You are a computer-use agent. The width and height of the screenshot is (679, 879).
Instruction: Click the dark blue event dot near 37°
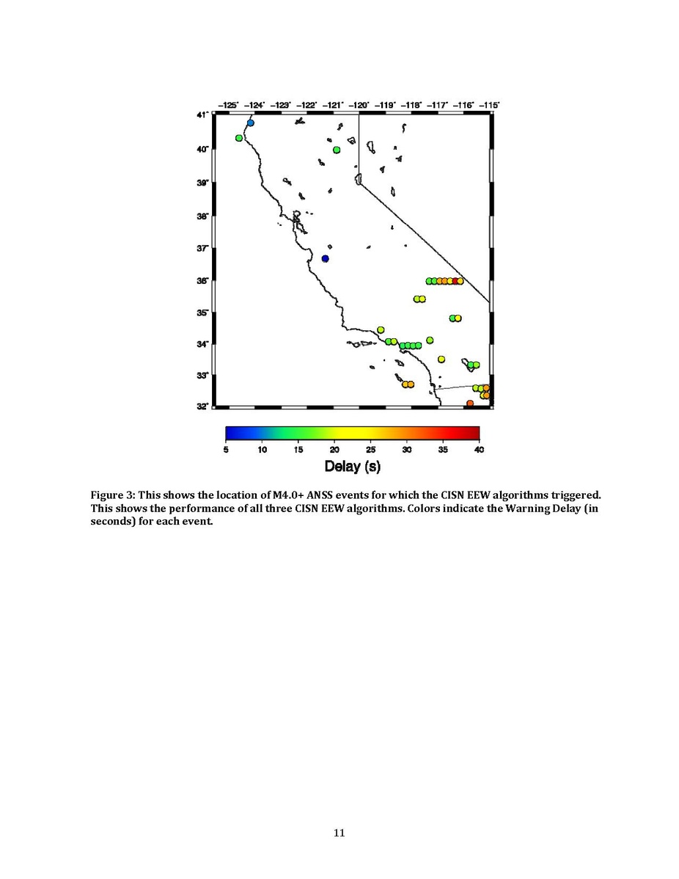click(x=326, y=258)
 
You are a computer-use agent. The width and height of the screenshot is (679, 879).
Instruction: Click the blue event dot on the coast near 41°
click(x=251, y=123)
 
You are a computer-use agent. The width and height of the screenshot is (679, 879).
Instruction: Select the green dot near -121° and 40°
click(x=337, y=150)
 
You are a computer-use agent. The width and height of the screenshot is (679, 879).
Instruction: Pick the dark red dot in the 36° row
click(x=455, y=281)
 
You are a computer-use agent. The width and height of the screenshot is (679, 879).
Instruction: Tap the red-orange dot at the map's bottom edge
click(x=470, y=403)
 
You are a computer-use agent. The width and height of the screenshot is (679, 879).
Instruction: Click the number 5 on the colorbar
click(x=226, y=449)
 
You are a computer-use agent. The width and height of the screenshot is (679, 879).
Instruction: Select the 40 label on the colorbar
click(x=479, y=449)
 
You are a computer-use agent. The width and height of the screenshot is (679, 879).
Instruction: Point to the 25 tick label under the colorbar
click(x=370, y=449)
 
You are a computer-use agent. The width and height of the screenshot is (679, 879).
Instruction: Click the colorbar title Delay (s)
click(x=352, y=466)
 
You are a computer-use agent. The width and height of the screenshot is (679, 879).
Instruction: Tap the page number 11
click(x=339, y=832)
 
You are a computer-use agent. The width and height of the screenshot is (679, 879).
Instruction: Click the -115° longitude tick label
click(x=488, y=106)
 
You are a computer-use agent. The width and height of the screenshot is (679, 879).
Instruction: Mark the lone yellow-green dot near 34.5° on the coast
click(x=381, y=330)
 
